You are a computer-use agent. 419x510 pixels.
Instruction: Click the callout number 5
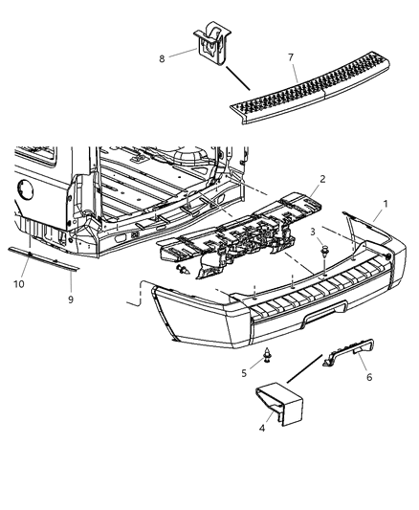[x=245, y=372]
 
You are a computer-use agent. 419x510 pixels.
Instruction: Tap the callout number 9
[x=72, y=298]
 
